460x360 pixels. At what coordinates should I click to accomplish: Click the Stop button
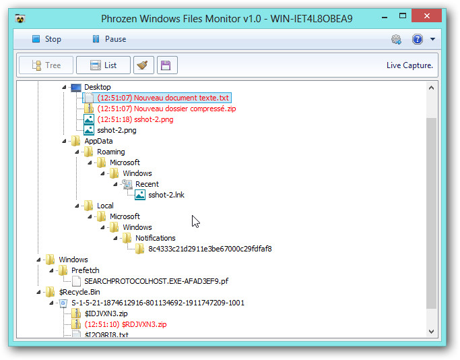click(46, 39)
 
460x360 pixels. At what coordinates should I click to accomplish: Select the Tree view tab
click(46, 65)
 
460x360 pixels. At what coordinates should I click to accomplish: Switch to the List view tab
click(103, 65)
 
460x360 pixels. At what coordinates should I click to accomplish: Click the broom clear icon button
click(143, 65)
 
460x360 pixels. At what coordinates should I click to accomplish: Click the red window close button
click(426, 16)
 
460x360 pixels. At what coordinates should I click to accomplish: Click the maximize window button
click(403, 16)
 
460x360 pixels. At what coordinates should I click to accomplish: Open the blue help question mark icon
click(417, 39)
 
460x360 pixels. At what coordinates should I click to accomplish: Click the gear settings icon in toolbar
click(396, 39)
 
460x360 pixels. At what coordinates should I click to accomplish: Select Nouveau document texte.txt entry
click(163, 98)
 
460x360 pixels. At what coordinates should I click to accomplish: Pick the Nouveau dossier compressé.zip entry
click(166, 109)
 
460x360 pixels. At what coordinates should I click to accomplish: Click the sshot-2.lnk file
click(166, 195)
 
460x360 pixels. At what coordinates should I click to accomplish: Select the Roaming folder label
click(111, 152)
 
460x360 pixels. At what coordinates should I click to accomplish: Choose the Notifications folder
click(155, 238)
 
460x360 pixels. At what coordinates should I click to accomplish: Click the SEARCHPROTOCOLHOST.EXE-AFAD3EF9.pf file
click(156, 281)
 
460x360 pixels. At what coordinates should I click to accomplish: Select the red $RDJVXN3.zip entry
click(125, 324)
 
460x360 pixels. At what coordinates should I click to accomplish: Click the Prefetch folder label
click(86, 270)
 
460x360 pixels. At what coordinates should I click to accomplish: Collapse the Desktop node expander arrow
click(64, 87)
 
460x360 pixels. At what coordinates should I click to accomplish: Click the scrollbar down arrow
click(431, 332)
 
